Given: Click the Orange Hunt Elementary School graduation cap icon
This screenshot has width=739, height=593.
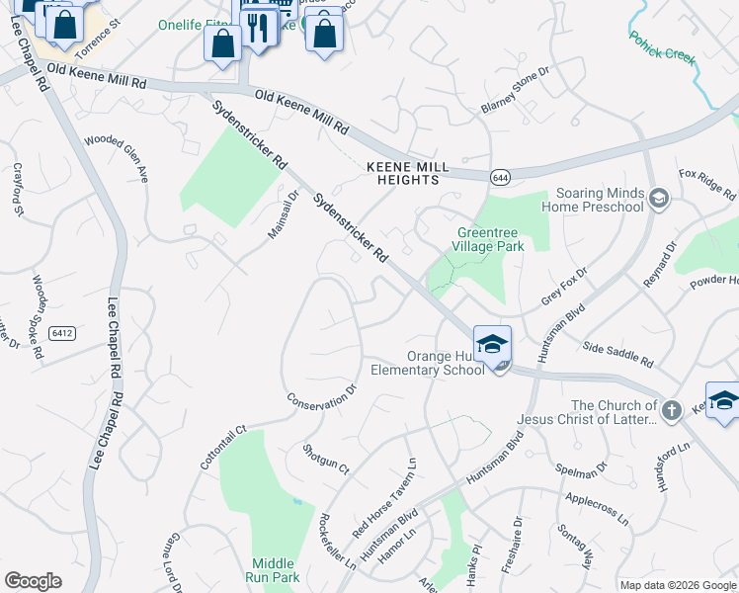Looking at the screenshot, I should pos(492,344).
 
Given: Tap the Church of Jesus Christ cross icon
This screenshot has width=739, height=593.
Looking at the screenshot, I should pos(671,410).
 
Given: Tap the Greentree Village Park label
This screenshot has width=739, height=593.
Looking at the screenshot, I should pos(488,238).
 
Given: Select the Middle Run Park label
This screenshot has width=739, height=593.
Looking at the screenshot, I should pos(275,570).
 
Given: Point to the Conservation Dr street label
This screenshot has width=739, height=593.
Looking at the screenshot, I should pos(320,398).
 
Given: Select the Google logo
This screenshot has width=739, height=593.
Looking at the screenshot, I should pos(33,581).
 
